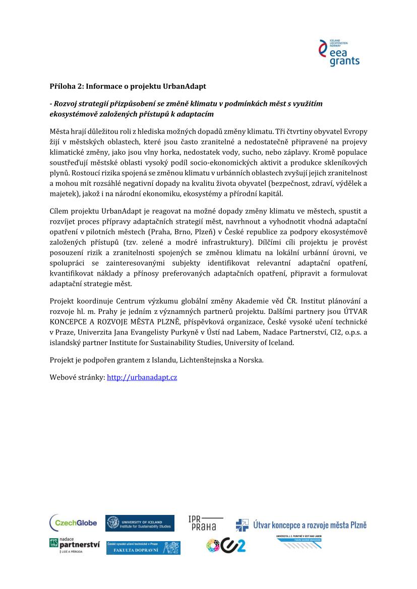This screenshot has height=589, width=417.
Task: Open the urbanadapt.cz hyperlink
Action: [x=142, y=377]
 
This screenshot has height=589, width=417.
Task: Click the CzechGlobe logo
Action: [x=73, y=522]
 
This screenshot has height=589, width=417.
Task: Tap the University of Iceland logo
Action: [x=140, y=523]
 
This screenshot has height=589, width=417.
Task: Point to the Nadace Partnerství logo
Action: [x=74, y=545]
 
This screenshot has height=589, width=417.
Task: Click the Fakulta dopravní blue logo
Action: [x=143, y=548]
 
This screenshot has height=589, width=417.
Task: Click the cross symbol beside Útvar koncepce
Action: [x=242, y=525]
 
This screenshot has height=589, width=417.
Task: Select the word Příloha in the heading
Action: [x=63, y=86]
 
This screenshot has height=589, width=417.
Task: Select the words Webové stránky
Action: [x=78, y=377]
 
